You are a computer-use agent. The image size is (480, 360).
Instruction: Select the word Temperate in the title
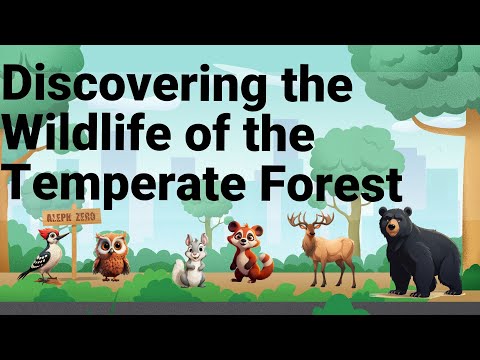pyautogui.click(x=132, y=187)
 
